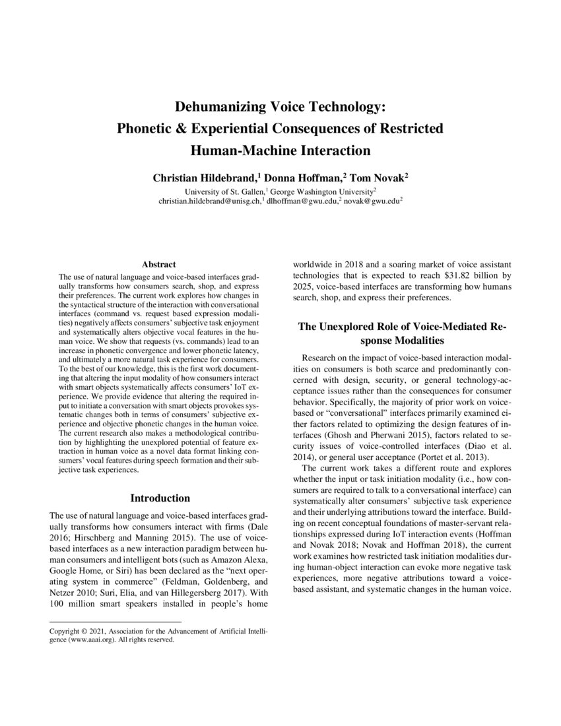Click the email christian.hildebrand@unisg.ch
(209, 200)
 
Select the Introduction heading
(160, 498)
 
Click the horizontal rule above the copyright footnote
(115, 622)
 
